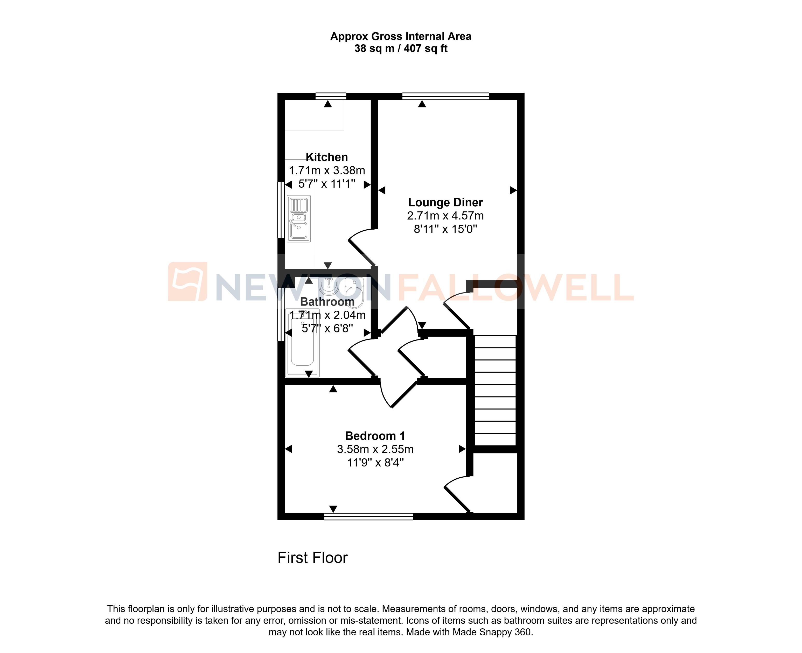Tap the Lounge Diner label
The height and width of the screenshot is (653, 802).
click(445, 202)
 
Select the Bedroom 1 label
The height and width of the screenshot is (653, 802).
click(375, 436)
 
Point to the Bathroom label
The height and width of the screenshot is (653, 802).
click(327, 302)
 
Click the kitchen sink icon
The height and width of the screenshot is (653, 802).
click(299, 218)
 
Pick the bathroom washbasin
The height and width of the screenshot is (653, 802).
click(329, 287)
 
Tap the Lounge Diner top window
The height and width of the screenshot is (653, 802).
click(445, 96)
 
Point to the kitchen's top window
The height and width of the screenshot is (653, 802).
click(330, 96)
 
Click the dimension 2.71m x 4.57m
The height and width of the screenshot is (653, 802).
click(445, 216)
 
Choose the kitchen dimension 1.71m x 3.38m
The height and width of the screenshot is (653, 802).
click(327, 171)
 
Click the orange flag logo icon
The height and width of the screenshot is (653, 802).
click(187, 282)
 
